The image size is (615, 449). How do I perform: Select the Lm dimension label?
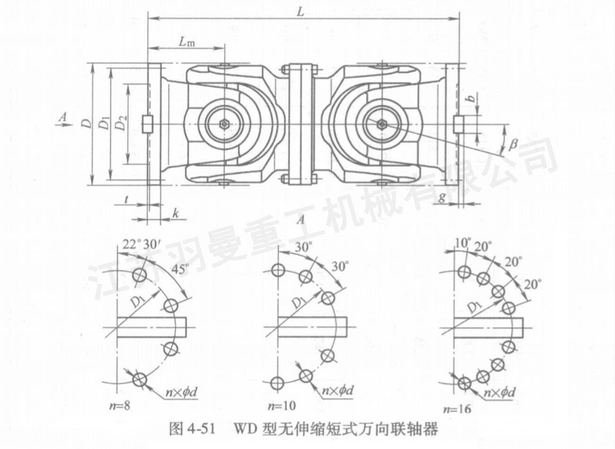click(x=187, y=42)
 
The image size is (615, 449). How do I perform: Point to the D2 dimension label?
click(x=121, y=124)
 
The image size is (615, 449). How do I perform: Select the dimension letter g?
click(x=441, y=197)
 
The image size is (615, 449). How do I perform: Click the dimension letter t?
click(x=126, y=199)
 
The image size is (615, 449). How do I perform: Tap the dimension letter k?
click(x=175, y=214)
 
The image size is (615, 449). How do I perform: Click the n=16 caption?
click(x=457, y=409)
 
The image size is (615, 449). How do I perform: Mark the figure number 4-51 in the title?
click(x=200, y=430)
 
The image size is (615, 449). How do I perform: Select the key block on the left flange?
click(x=148, y=124)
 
